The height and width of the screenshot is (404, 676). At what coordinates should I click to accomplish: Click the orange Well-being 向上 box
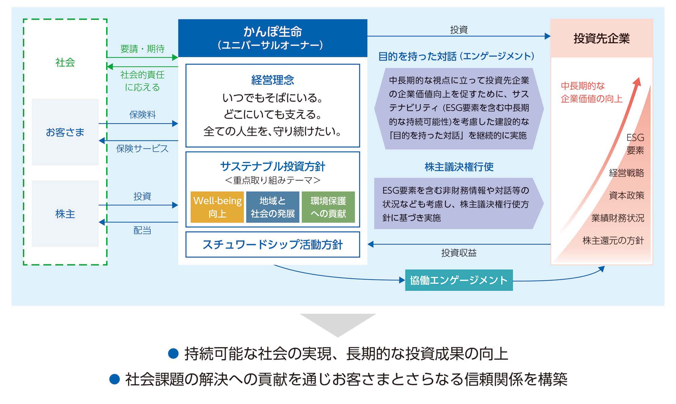[217, 207]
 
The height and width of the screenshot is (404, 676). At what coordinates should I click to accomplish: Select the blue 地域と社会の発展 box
[272, 207]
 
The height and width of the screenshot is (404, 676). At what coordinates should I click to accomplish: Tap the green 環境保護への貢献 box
[328, 207]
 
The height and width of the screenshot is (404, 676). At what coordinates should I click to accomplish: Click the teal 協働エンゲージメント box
[459, 280]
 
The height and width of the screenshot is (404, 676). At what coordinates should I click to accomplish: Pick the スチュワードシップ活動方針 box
[272, 244]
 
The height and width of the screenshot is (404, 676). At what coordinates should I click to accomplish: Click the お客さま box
[65, 132]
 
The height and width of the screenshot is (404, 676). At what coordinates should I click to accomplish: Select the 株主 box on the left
[65, 214]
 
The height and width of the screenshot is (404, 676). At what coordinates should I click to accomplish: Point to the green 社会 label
[65, 62]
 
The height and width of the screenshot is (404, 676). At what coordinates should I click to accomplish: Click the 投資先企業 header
[601, 38]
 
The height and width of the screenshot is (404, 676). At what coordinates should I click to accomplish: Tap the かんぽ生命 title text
[272, 31]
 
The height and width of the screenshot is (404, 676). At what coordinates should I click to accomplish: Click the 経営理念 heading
[272, 80]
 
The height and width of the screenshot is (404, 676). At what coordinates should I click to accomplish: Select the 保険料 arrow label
[142, 115]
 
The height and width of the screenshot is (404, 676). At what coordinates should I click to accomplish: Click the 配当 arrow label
[142, 230]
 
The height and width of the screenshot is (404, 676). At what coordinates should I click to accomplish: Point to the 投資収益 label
[459, 253]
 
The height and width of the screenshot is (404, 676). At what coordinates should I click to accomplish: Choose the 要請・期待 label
[142, 49]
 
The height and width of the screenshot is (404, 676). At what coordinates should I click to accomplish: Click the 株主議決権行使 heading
[459, 167]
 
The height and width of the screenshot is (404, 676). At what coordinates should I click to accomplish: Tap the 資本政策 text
[626, 195]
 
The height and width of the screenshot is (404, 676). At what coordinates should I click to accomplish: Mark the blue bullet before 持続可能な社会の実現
[173, 354]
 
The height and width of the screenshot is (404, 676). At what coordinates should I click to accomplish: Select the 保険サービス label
[142, 148]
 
